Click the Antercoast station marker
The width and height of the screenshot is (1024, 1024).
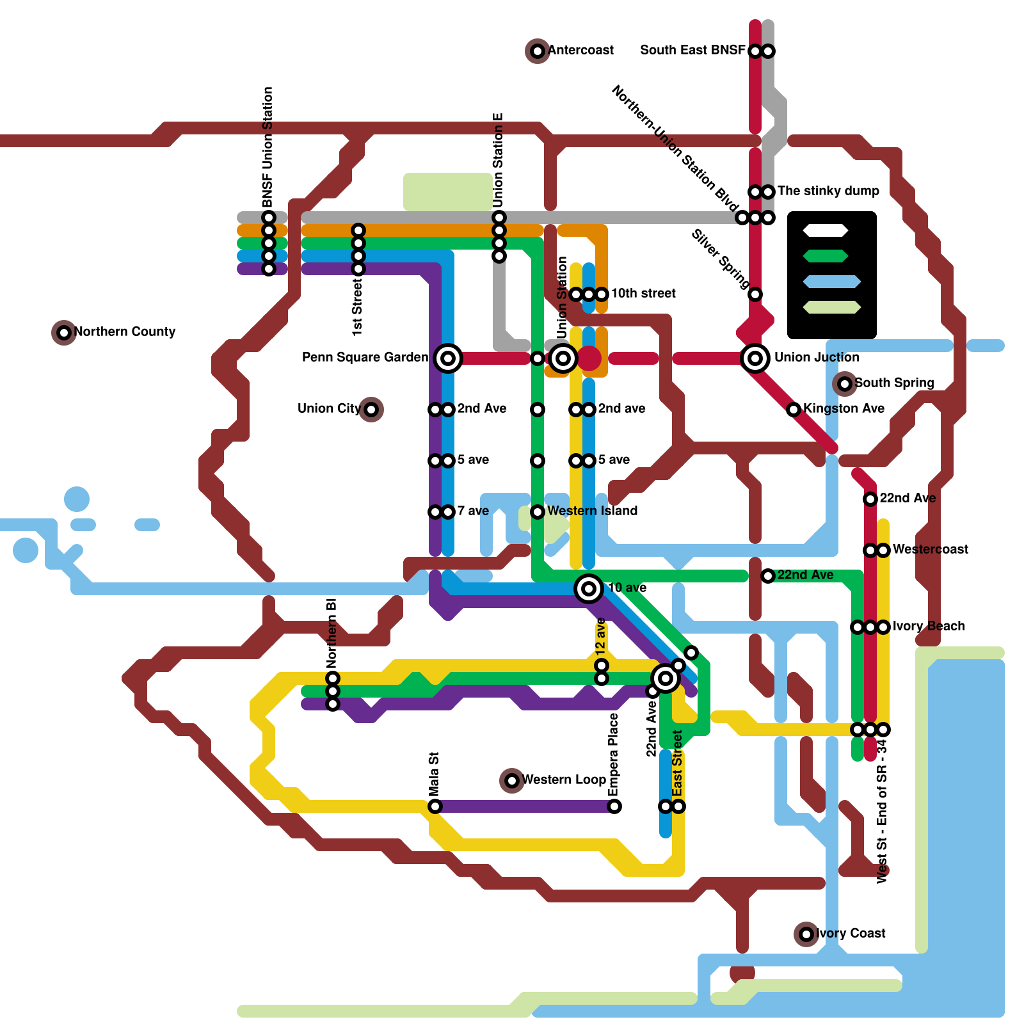[x=538, y=51]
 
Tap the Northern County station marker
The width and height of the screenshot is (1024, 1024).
[x=64, y=332]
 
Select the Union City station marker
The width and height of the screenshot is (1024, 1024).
[x=371, y=409]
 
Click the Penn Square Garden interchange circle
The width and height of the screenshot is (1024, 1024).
[x=448, y=358]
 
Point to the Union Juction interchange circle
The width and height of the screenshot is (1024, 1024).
[x=755, y=358]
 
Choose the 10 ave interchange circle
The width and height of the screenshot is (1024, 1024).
[x=589, y=588]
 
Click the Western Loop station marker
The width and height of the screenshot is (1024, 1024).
[x=512, y=780]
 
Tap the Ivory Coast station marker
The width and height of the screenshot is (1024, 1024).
[x=806, y=934]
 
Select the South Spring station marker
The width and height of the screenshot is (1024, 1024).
[x=845, y=383]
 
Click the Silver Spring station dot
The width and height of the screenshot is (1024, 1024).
[x=755, y=294]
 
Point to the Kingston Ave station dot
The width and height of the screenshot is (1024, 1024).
[x=794, y=409]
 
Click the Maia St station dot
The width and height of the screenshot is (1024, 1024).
[x=435, y=806]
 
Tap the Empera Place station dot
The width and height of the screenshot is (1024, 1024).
[x=614, y=806]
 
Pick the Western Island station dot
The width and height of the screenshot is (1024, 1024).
[x=538, y=511]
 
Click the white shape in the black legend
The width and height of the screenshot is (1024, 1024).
[x=826, y=230]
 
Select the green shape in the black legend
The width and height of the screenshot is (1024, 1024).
[x=826, y=256]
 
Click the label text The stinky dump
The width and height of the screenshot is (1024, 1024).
[x=828, y=191]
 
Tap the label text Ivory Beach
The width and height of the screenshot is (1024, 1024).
[x=929, y=626]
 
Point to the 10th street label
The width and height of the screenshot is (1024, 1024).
[x=643, y=293]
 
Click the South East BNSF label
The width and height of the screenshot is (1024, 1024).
[x=692, y=50]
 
